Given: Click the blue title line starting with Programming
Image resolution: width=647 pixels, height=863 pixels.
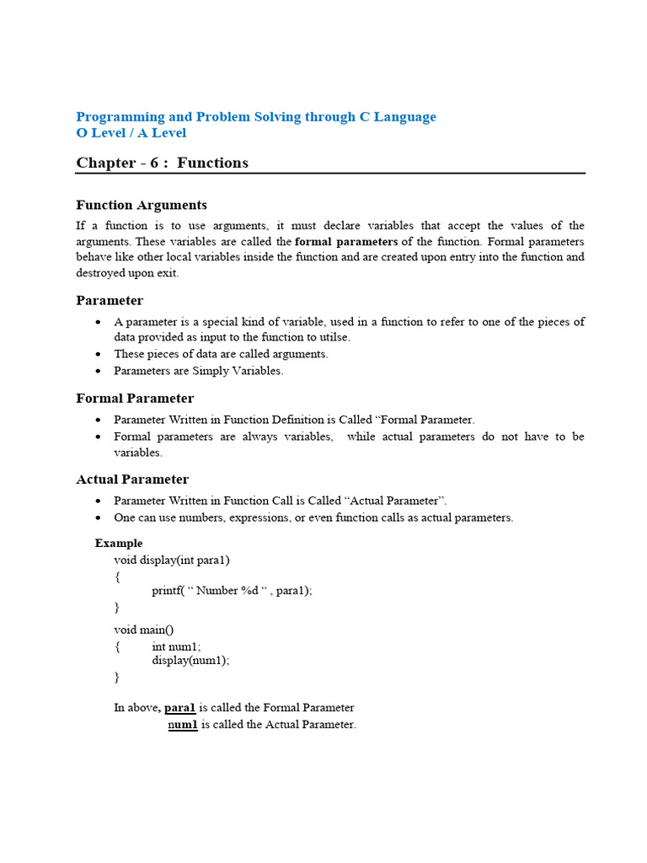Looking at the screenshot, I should [x=256, y=117].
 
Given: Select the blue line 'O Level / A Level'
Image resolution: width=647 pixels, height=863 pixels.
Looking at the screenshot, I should [x=131, y=133].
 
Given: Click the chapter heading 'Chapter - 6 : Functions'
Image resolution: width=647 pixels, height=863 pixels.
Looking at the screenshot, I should [x=163, y=163].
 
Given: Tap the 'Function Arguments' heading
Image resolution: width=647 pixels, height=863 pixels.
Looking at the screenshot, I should [x=142, y=205].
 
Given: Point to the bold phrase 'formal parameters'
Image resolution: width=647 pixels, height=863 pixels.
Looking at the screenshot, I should [x=346, y=241].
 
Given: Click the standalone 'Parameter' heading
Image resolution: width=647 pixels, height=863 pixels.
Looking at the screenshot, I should [x=110, y=301].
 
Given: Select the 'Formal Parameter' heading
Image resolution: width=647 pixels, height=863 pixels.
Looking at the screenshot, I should [x=135, y=399].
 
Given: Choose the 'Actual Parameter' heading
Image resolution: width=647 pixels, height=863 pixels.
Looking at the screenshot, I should [x=132, y=480].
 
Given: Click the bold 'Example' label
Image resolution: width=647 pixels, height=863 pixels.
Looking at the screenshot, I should [x=119, y=544].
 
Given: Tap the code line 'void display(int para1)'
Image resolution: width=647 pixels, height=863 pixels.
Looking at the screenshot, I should [x=172, y=560].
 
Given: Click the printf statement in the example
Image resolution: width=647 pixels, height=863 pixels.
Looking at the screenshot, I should [x=232, y=591].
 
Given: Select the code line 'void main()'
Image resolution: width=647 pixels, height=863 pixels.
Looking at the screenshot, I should [x=144, y=630].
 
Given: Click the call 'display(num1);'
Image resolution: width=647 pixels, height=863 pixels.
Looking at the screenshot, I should [x=190, y=661].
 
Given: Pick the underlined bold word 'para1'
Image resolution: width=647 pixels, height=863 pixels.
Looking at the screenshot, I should [x=179, y=708].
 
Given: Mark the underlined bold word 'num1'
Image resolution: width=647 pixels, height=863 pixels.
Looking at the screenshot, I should [x=183, y=725].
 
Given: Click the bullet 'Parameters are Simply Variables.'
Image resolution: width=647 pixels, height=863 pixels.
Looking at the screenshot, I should [x=199, y=371].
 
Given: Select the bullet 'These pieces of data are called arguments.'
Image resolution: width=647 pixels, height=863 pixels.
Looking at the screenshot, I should [x=221, y=354].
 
